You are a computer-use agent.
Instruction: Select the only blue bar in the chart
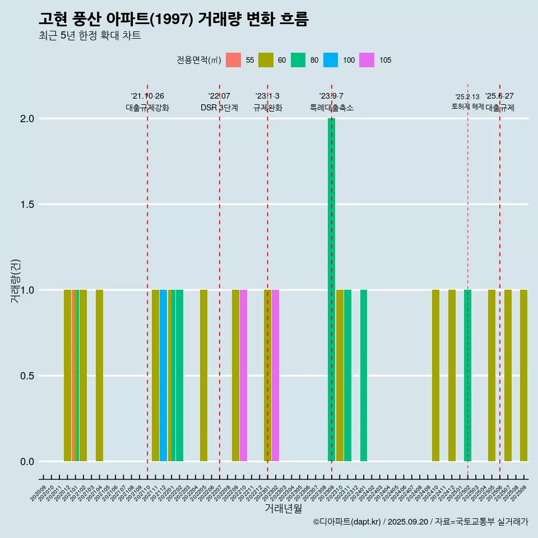click(163, 375)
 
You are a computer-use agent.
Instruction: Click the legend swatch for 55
click(233, 60)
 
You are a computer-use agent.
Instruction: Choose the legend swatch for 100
click(331, 60)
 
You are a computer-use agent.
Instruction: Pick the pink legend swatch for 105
click(367, 60)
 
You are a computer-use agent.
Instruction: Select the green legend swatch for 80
click(298, 60)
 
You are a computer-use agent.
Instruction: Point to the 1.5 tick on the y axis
click(27, 205)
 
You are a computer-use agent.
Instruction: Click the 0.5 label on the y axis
click(27, 376)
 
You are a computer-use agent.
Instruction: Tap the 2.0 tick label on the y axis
click(27, 119)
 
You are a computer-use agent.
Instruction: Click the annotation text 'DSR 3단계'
click(219, 108)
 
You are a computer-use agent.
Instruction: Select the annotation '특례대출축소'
click(332, 108)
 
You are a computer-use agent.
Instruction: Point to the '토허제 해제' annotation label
click(467, 106)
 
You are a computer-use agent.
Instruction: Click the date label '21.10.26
click(147, 96)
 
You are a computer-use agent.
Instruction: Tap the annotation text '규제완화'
click(267, 108)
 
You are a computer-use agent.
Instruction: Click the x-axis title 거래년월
click(283, 509)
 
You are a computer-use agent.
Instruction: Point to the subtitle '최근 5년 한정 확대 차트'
click(90, 36)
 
